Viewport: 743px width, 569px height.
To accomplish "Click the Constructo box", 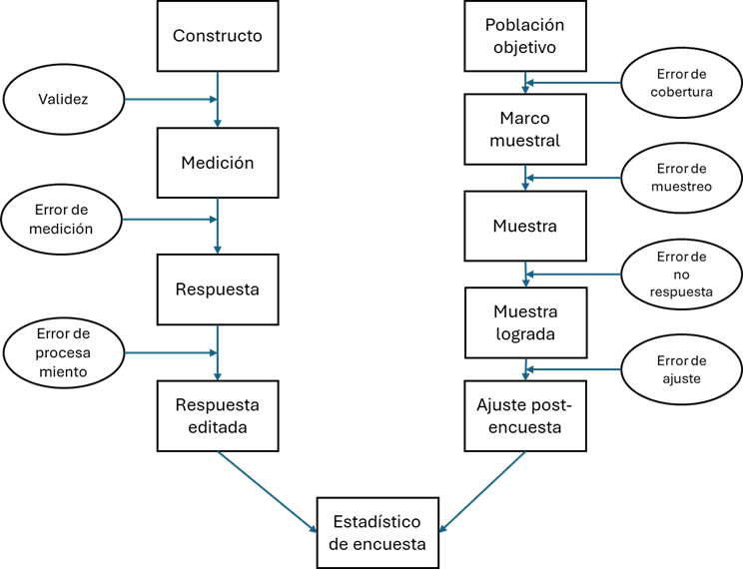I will pos(217,36).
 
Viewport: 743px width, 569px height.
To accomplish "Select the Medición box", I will pos(217,163).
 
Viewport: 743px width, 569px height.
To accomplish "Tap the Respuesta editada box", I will pos(217,416).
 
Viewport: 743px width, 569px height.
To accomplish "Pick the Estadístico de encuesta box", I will pos(377,534).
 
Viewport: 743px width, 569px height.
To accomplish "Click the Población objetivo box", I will pos(524,36).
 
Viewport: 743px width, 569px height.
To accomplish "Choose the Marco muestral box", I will pos(524,130).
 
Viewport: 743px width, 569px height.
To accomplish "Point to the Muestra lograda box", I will pos(524,322).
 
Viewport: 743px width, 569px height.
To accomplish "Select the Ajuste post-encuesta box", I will pos(524,416).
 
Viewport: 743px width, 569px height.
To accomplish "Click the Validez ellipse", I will pos(64,100).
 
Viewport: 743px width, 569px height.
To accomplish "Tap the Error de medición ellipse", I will pos(64,219).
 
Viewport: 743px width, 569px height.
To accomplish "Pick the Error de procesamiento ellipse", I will pos(64,352).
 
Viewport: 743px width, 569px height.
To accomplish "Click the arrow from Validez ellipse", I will pos(170,100).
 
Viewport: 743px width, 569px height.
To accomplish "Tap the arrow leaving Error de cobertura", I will pos(574,83).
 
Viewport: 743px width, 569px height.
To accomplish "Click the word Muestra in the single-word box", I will pos(524,227).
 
